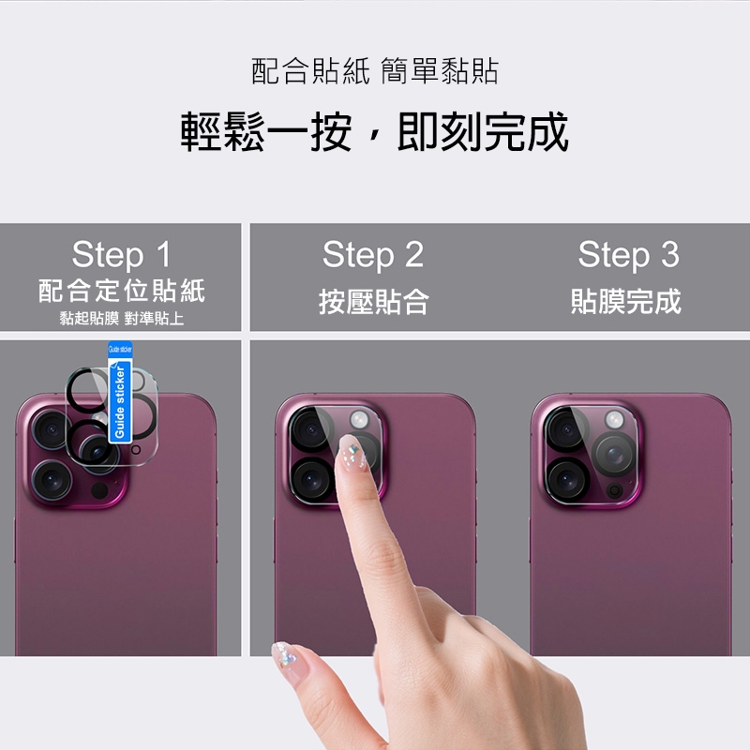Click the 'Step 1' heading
tap(121, 254)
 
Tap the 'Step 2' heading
tap(373, 254)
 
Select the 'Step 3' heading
tap(628, 254)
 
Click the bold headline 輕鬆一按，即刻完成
tap(374, 131)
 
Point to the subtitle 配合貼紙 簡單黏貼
tap(375, 71)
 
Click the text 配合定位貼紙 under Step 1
tap(122, 291)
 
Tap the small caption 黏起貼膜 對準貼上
tap(122, 318)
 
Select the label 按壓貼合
tap(373, 302)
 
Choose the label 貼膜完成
tap(626, 301)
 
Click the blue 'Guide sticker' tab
tap(120, 392)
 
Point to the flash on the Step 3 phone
tap(614, 420)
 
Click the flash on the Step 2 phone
tap(359, 419)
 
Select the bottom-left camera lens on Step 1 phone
tap(52, 479)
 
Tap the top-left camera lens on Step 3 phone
tap(566, 429)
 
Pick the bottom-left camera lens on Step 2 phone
tap(312, 480)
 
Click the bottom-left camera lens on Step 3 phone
tap(567, 480)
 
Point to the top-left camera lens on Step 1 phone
tap(52, 429)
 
